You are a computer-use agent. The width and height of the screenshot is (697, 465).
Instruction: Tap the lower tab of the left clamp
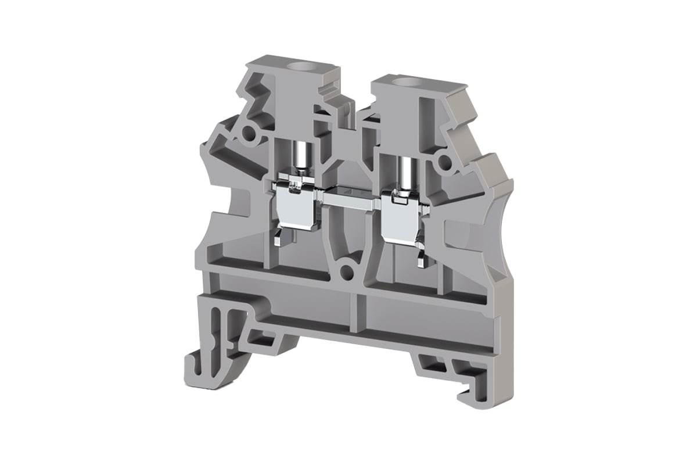click(x=281, y=238)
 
